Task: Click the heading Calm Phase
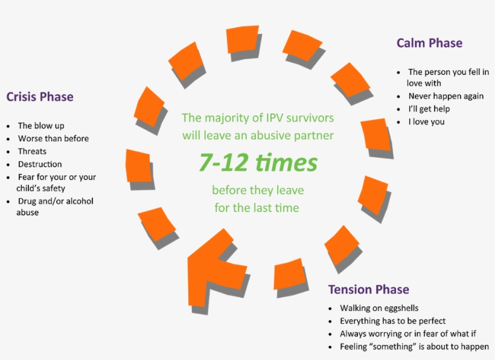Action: (429, 43)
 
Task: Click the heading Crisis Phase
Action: (40, 97)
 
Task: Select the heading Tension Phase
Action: (368, 289)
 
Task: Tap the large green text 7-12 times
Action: (258, 162)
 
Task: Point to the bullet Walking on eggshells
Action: (379, 308)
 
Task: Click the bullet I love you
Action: (426, 121)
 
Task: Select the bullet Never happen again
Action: (445, 96)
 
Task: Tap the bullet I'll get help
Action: (429, 109)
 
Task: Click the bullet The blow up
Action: (41, 126)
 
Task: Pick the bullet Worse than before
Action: (53, 138)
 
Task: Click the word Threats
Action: (32, 151)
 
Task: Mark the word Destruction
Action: (40, 164)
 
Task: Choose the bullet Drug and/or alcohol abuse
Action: (55, 207)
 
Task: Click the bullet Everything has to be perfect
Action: (392, 321)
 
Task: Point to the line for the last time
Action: (257, 208)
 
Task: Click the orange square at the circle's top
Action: (243, 39)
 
